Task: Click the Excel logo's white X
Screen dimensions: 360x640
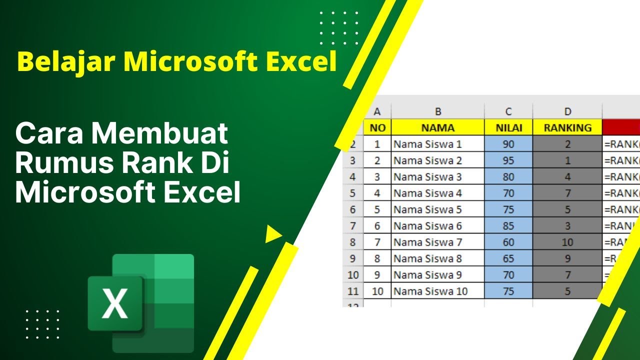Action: [x=115, y=304]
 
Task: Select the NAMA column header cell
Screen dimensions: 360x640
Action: [x=437, y=128]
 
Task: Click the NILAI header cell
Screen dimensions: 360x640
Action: [x=508, y=128]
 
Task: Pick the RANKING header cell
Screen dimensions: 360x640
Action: [x=567, y=128]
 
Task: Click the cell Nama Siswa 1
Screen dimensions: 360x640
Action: [x=427, y=144]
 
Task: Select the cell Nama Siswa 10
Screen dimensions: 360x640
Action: [x=430, y=291]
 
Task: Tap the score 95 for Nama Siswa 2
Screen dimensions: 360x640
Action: [x=508, y=160]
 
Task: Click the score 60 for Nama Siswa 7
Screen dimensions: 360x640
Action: [x=508, y=242]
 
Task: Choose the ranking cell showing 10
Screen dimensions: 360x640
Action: [x=567, y=242]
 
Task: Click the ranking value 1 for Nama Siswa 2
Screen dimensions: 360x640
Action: [x=567, y=160]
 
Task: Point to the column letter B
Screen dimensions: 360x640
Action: [x=438, y=111]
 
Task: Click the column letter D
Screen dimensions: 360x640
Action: [x=567, y=111]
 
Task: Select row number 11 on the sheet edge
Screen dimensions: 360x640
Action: [x=353, y=291]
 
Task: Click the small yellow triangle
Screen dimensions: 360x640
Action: [x=272, y=234]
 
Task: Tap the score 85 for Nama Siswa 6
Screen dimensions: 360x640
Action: [x=508, y=226]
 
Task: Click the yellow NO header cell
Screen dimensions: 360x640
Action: [x=377, y=128]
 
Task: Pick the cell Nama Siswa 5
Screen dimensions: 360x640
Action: [x=427, y=209]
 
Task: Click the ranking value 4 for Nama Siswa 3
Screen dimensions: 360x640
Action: [x=567, y=177]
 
